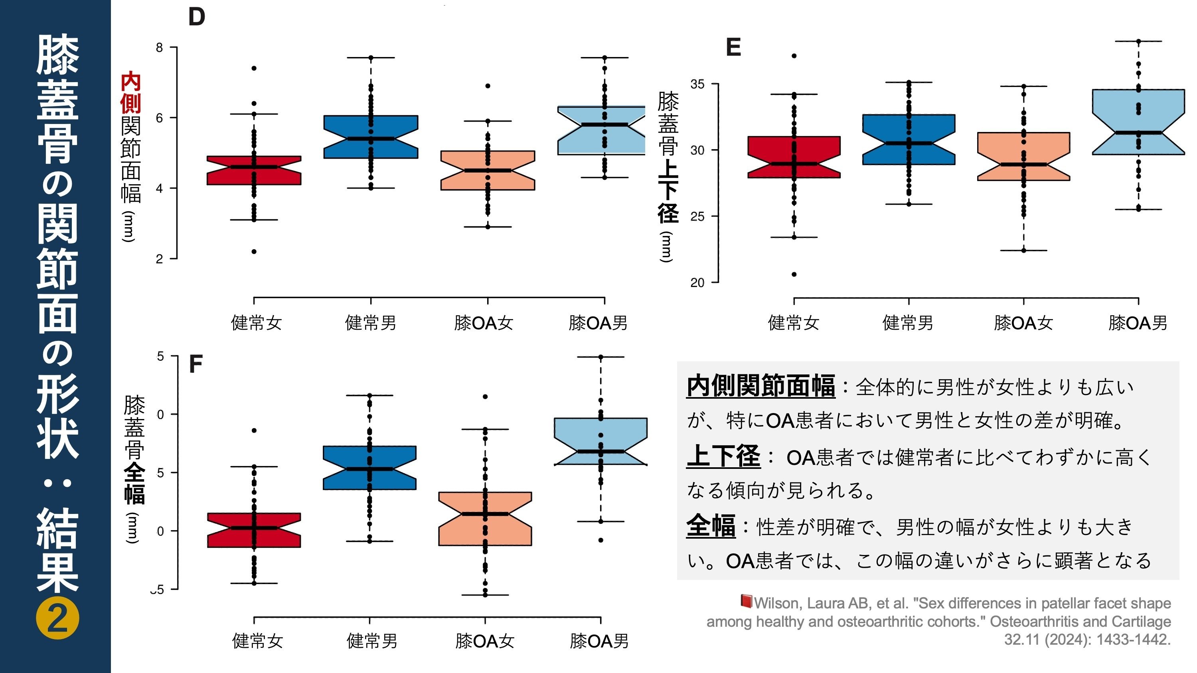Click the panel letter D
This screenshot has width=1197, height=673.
197,17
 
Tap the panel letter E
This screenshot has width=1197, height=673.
733,47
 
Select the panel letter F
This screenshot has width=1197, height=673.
196,364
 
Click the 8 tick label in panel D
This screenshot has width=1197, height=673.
159,47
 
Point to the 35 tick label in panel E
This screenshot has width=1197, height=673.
697,85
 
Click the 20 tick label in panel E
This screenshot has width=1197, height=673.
697,282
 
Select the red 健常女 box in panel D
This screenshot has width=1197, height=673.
254,171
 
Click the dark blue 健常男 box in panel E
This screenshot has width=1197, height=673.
909,139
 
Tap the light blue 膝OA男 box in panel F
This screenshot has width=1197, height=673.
600,441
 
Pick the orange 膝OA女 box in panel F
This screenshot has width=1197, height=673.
485,518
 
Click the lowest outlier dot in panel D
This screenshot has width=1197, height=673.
254,252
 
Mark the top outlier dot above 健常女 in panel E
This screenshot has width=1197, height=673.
794,56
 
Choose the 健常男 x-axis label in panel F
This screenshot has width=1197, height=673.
372,641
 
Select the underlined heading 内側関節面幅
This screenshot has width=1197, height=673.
760,386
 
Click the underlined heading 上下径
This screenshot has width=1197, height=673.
723,456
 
